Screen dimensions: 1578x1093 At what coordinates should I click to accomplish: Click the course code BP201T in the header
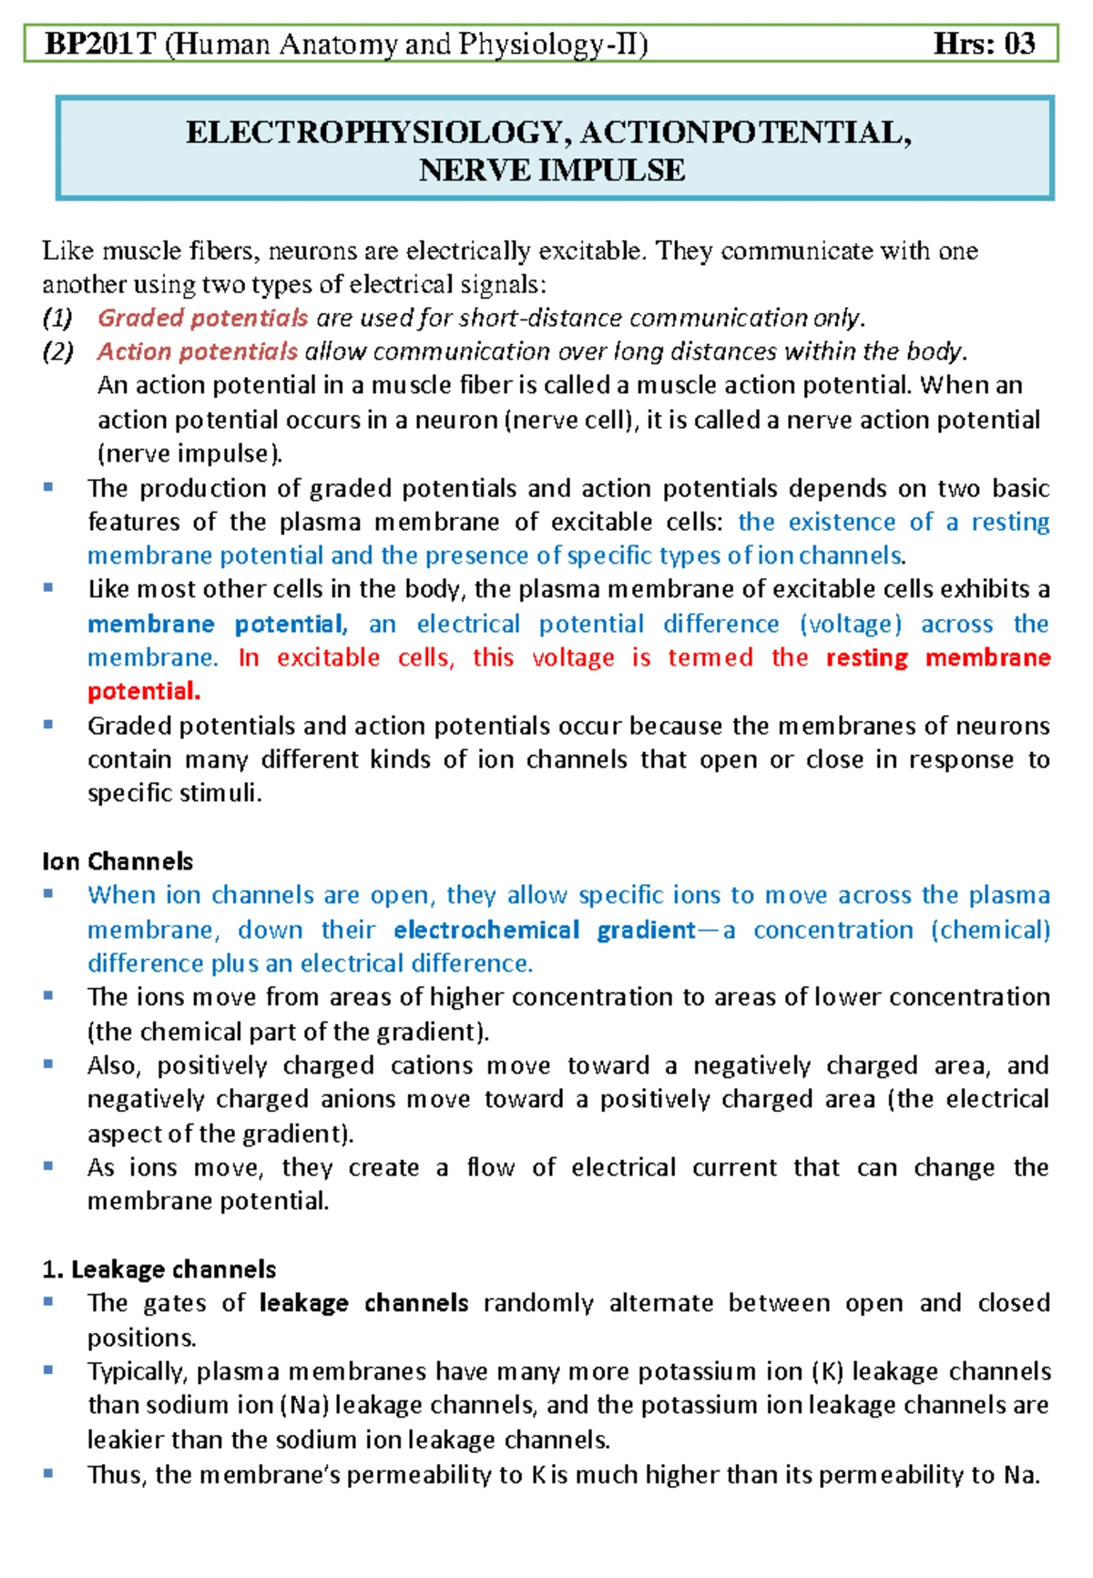click(101, 44)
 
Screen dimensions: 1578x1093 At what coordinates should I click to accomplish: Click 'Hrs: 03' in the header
click(984, 44)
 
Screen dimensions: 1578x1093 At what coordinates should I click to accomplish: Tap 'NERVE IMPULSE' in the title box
click(552, 170)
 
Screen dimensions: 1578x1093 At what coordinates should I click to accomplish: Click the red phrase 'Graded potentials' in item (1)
click(202, 318)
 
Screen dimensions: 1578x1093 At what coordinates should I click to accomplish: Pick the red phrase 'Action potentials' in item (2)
click(198, 351)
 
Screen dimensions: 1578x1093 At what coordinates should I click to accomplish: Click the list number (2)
click(57, 351)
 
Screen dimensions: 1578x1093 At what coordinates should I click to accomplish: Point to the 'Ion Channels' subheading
click(117, 861)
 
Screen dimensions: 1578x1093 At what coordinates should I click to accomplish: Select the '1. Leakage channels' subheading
click(159, 1269)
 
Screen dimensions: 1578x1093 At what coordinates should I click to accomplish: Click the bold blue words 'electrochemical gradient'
click(545, 930)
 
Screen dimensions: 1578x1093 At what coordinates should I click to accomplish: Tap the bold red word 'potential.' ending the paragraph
click(144, 692)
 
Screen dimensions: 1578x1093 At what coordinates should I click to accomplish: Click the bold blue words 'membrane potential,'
click(217, 625)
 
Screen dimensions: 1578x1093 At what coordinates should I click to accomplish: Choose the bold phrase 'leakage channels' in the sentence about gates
click(363, 1303)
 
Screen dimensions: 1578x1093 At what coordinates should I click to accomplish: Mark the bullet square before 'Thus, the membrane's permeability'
click(48, 1472)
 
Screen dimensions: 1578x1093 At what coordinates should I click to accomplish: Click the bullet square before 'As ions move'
click(48, 1166)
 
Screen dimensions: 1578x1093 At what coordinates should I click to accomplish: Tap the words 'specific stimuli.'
click(174, 793)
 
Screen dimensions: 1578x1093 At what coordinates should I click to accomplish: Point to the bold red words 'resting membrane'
click(937, 658)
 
